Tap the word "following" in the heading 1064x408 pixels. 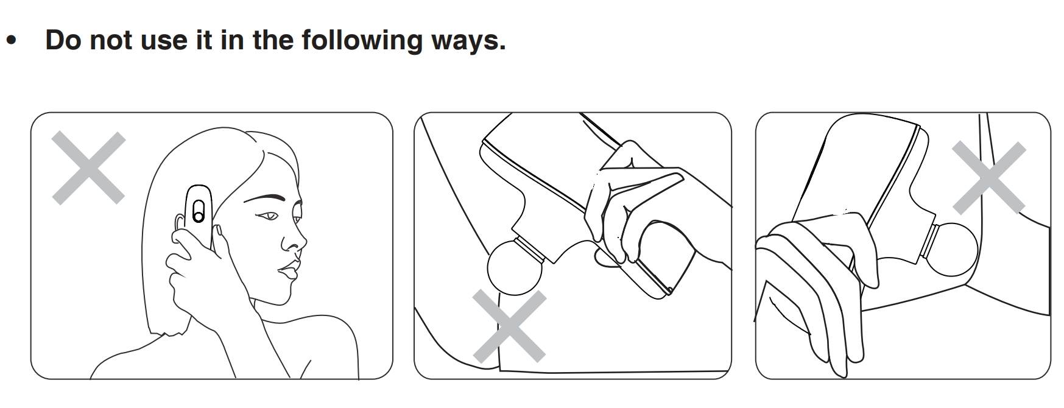362,40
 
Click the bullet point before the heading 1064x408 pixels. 11,41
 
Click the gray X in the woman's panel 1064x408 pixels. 88,167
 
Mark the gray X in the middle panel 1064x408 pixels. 509,326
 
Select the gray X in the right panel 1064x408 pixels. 988,177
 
